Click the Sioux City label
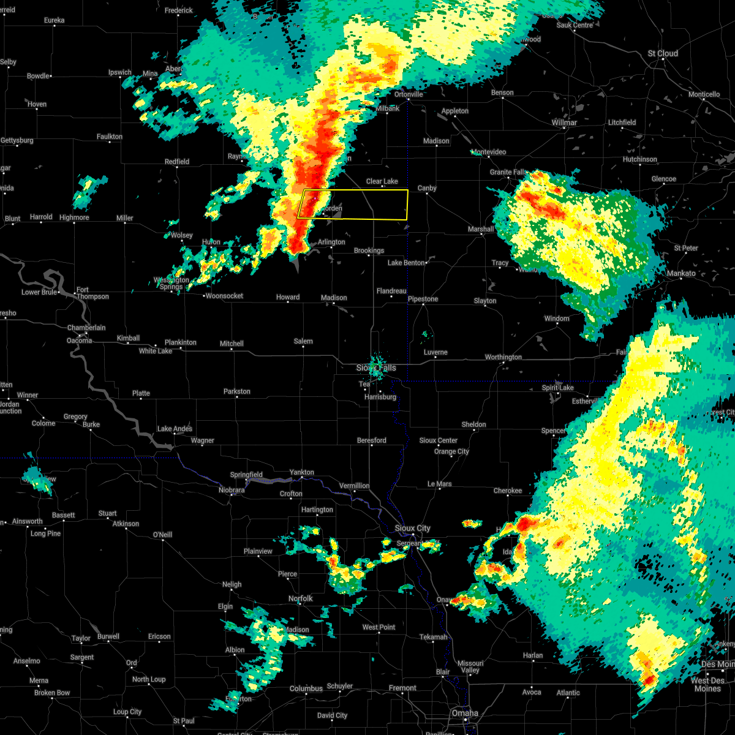point(412,528)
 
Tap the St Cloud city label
point(663,53)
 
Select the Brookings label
point(369,251)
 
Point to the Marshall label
point(481,229)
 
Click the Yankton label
point(301,472)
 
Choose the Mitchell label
point(232,344)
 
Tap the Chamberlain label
point(86,328)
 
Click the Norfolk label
point(300,598)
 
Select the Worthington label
point(503,357)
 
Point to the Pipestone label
point(423,299)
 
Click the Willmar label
point(563,123)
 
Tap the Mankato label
point(681,273)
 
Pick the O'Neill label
point(162,535)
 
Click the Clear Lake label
point(382,181)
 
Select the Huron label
point(211,242)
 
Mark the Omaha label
point(465,713)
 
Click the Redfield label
point(177,162)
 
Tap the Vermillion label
point(354,486)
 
